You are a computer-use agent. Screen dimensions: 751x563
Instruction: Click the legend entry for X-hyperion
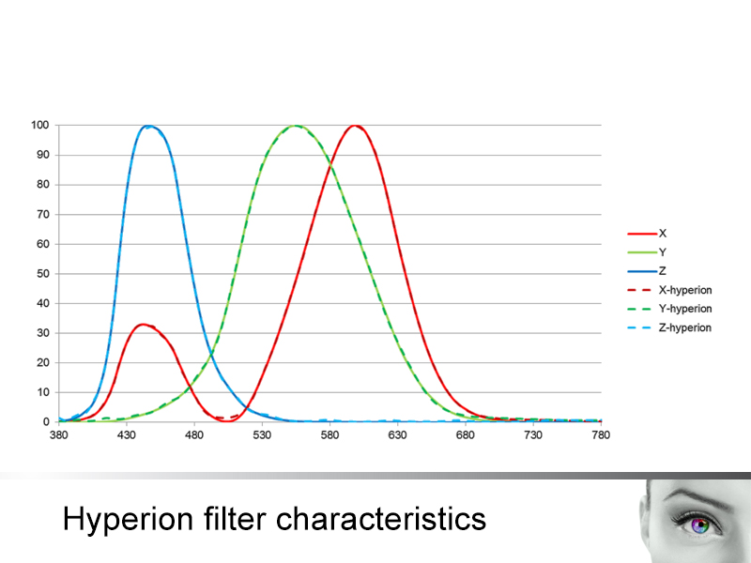click(669, 290)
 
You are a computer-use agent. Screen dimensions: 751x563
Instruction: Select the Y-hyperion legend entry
click(669, 309)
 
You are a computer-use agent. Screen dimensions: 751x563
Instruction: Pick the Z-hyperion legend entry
click(669, 327)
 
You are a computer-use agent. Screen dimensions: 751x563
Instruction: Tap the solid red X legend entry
click(647, 234)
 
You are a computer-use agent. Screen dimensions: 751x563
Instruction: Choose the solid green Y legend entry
click(647, 252)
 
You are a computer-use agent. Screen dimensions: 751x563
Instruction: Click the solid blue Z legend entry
click(647, 271)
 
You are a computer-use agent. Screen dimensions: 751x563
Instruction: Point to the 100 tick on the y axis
click(40, 125)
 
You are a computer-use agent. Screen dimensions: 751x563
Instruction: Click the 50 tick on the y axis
click(43, 274)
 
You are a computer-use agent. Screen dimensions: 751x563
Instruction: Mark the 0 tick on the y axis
click(46, 421)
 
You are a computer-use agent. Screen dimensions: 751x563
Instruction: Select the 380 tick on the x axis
click(58, 435)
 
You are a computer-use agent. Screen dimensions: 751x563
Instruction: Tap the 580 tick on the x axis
click(330, 435)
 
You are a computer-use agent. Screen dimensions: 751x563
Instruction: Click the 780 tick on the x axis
click(601, 435)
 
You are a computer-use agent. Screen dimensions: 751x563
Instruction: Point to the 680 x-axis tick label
click(465, 435)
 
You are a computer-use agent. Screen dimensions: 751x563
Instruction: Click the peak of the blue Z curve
click(148, 126)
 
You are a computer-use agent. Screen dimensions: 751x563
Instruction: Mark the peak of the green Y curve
click(296, 126)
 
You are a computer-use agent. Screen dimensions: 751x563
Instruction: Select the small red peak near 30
click(143, 325)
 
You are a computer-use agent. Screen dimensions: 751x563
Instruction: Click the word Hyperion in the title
click(128, 519)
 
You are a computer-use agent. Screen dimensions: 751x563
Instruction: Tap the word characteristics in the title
click(381, 519)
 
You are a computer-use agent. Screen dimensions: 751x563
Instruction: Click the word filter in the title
click(235, 519)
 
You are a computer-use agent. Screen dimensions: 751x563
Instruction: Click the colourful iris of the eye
click(700, 525)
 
